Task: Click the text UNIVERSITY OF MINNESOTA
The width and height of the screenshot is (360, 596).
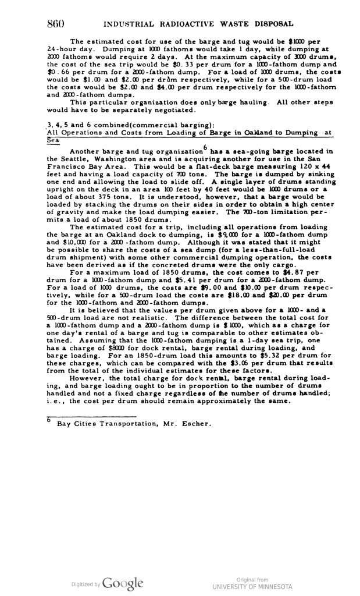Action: click(x=253, y=587)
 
